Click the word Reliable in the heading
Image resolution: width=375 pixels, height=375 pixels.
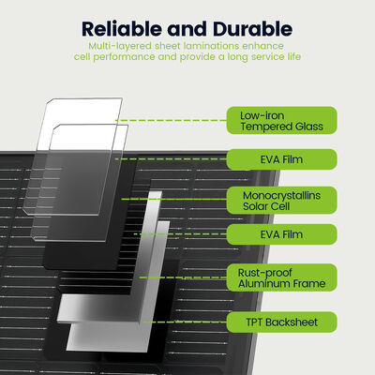[123, 29]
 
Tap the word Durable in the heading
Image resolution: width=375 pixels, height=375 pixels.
[253, 29]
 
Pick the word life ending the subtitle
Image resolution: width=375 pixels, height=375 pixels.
[294, 56]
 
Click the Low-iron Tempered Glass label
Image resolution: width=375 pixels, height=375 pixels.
[282, 121]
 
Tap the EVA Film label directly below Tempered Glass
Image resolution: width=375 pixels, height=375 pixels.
[282, 159]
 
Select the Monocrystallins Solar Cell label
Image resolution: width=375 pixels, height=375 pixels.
[282, 201]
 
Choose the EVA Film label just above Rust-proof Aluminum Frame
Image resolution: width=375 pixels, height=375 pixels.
[282, 234]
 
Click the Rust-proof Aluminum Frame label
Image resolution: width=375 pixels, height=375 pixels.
[282, 277]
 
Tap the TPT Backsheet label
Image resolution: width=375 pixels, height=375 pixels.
[282, 322]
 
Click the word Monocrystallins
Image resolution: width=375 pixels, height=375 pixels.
[281, 195]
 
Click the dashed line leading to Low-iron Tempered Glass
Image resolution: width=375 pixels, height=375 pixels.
[171, 120]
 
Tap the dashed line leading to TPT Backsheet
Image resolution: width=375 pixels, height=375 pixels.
[185, 322]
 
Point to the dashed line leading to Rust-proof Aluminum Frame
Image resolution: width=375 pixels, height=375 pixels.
[183, 277]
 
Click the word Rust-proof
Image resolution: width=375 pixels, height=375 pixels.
[264, 273]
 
